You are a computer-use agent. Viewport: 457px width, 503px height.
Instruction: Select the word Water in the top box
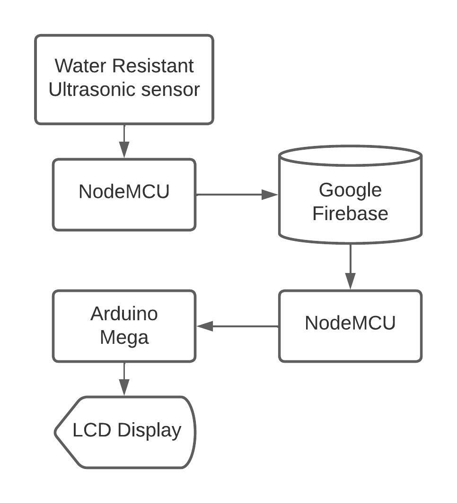click(x=81, y=66)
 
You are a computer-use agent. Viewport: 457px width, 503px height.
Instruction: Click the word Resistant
click(x=153, y=66)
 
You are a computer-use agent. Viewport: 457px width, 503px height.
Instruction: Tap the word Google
click(x=350, y=190)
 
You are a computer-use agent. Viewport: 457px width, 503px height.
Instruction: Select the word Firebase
click(x=350, y=213)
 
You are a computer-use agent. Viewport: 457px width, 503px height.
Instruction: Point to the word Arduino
click(x=124, y=314)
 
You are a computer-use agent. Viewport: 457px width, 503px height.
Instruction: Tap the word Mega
click(x=124, y=337)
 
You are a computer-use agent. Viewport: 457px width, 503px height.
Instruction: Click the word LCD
click(x=92, y=430)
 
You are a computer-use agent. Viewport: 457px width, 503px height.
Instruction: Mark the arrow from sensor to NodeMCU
click(x=124, y=141)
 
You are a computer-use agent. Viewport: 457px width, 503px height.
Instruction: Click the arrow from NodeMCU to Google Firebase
click(x=237, y=194)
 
